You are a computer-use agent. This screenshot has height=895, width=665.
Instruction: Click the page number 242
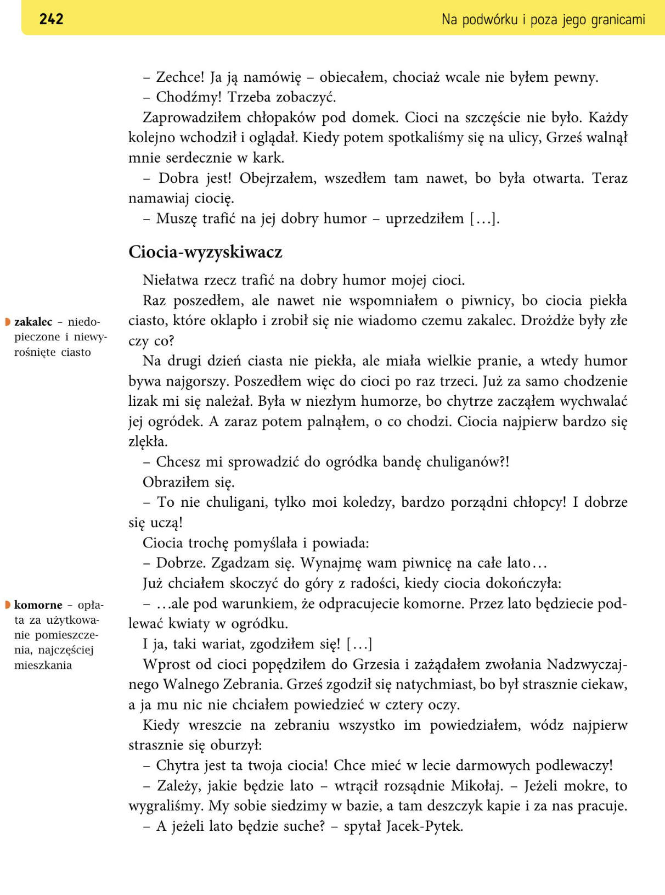click(x=51, y=19)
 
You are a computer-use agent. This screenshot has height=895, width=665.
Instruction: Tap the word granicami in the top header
click(x=618, y=20)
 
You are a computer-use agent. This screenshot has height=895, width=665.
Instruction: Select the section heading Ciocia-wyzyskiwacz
click(x=205, y=252)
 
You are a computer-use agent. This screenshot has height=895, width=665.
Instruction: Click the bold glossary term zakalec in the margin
click(x=33, y=322)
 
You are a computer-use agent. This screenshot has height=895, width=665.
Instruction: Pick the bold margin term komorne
click(x=38, y=605)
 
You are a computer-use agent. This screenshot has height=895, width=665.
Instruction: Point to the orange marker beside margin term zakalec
click(x=8, y=322)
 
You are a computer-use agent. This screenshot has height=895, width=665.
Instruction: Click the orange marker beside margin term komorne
click(x=8, y=605)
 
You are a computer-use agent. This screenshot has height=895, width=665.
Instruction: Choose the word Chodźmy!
click(x=189, y=97)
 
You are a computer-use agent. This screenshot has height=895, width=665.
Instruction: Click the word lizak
click(x=143, y=401)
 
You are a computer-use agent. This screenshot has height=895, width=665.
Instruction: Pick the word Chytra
click(x=177, y=765)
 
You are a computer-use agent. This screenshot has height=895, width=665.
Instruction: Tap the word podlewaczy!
click(x=574, y=765)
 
